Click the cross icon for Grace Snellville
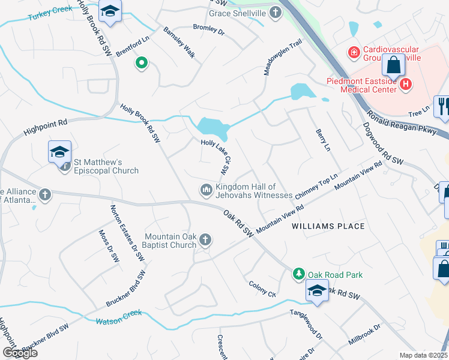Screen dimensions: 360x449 point(275,13)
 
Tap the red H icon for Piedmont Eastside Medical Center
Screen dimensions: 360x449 point(406,85)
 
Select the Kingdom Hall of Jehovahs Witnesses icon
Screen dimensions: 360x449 point(206,190)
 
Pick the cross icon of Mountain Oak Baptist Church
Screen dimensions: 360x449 point(205,240)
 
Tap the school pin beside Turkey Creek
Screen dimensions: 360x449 point(110,12)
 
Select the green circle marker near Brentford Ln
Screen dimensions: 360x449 point(142,62)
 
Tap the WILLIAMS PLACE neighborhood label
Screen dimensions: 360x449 point(328,226)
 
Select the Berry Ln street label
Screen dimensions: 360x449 point(323,139)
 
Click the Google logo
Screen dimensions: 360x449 point(19,353)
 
